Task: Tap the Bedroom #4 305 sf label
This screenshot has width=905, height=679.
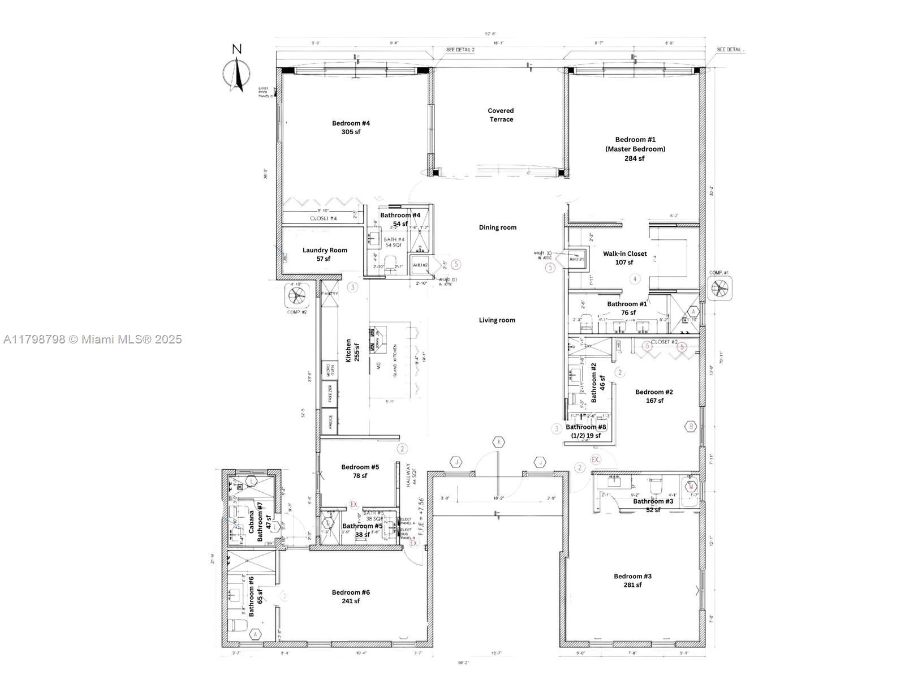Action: pos(351,127)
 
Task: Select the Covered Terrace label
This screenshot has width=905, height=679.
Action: pos(501,115)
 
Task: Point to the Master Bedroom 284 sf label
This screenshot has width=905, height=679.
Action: pos(635,149)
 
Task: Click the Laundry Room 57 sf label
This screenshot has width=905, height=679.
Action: pos(325,254)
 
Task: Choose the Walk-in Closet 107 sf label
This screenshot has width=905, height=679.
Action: pos(624,257)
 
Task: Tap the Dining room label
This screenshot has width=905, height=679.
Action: pos(498,227)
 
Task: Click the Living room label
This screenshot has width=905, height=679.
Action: pos(497,320)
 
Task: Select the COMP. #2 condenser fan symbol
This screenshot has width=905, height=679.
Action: pos(297,295)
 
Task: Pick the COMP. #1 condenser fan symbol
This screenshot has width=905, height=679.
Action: pos(720,288)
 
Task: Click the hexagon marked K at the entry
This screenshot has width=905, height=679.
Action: pos(498,442)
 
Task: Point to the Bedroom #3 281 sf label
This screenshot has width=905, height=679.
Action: pos(632,581)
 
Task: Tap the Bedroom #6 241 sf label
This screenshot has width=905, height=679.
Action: pos(351,596)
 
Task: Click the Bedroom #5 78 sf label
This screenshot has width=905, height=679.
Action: pos(360,471)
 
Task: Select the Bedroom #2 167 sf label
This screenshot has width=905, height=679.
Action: pos(654,396)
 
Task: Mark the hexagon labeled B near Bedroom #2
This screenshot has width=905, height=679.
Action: pos(691,427)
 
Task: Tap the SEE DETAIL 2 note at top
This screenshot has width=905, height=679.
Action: pos(460,50)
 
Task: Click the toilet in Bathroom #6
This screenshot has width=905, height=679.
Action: pos(238,626)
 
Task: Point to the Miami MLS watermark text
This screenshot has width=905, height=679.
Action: pos(92,339)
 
